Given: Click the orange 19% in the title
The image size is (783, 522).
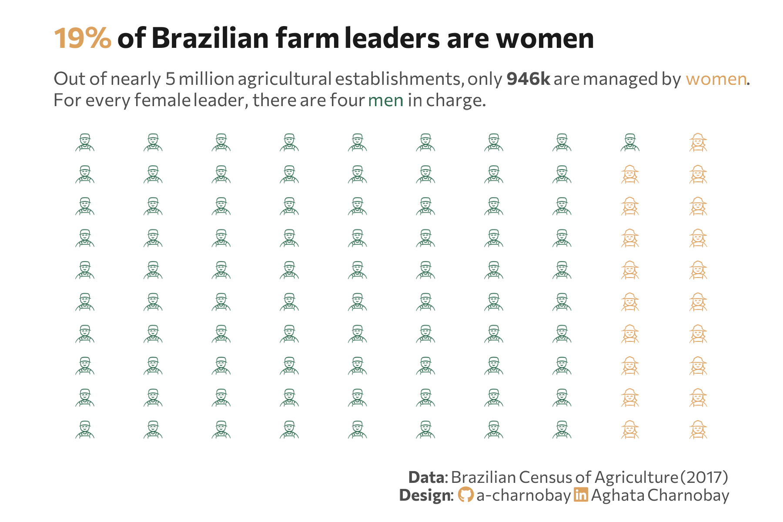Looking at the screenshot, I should pyautogui.click(x=82, y=38).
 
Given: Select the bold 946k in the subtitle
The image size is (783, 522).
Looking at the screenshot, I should pyautogui.click(x=528, y=79).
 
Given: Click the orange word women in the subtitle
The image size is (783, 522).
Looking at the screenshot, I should pyautogui.click(x=716, y=79).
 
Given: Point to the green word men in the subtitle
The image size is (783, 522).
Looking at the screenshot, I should pyautogui.click(x=385, y=100).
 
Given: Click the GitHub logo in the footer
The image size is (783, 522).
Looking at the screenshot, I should pyautogui.click(x=465, y=495).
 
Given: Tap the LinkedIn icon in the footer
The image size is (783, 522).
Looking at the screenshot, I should pyautogui.click(x=581, y=495).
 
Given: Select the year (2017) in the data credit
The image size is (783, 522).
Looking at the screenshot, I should pyautogui.click(x=704, y=477).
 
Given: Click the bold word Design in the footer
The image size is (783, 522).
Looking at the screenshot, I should pyautogui.click(x=425, y=495).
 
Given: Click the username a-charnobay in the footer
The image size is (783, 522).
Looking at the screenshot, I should pyautogui.click(x=523, y=495).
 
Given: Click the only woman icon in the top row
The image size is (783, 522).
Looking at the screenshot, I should pyautogui.click(x=698, y=142).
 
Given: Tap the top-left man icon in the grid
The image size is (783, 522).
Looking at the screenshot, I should pyautogui.click(x=85, y=142).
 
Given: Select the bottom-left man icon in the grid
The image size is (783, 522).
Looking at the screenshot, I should pyautogui.click(x=85, y=429).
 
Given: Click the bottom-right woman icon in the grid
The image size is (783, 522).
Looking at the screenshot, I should pyautogui.click(x=698, y=429).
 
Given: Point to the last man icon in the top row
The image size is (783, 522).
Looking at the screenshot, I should pyautogui.click(x=630, y=142).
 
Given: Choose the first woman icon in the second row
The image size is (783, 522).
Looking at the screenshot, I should pyautogui.click(x=630, y=174).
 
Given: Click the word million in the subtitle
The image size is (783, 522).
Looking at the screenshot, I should pyautogui.click(x=206, y=79).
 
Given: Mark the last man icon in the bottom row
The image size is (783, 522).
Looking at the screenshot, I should pyautogui.click(x=562, y=429).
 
